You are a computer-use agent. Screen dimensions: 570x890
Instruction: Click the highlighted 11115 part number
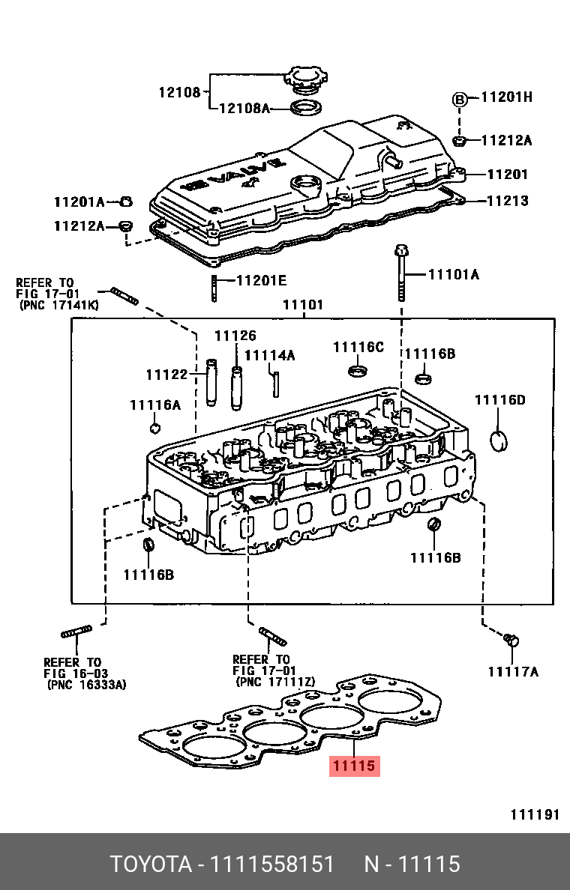(354, 766)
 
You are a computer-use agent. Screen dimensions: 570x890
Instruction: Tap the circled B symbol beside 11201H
(459, 100)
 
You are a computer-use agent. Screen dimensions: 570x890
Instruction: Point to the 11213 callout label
(508, 200)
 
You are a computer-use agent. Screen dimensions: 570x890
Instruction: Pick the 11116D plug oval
(499, 440)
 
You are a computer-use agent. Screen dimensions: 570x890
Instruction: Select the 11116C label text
(358, 348)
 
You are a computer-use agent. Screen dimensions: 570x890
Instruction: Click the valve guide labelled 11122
(211, 382)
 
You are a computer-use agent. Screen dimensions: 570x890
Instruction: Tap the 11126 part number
(235, 336)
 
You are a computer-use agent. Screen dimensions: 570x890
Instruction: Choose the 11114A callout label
(270, 355)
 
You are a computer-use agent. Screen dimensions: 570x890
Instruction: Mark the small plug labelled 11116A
(154, 428)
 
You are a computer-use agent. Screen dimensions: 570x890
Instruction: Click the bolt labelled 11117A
(511, 640)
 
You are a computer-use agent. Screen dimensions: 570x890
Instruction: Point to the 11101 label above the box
(303, 305)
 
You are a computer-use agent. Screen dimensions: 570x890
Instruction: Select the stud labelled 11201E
(214, 288)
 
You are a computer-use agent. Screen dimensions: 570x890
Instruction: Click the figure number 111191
(535, 814)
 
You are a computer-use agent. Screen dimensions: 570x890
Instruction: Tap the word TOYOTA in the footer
(151, 864)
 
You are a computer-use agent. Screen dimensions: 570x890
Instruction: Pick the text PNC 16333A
(86, 685)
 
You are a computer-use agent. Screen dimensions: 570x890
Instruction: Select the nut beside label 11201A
(126, 201)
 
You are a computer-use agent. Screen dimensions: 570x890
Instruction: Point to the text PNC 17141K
(59, 305)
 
